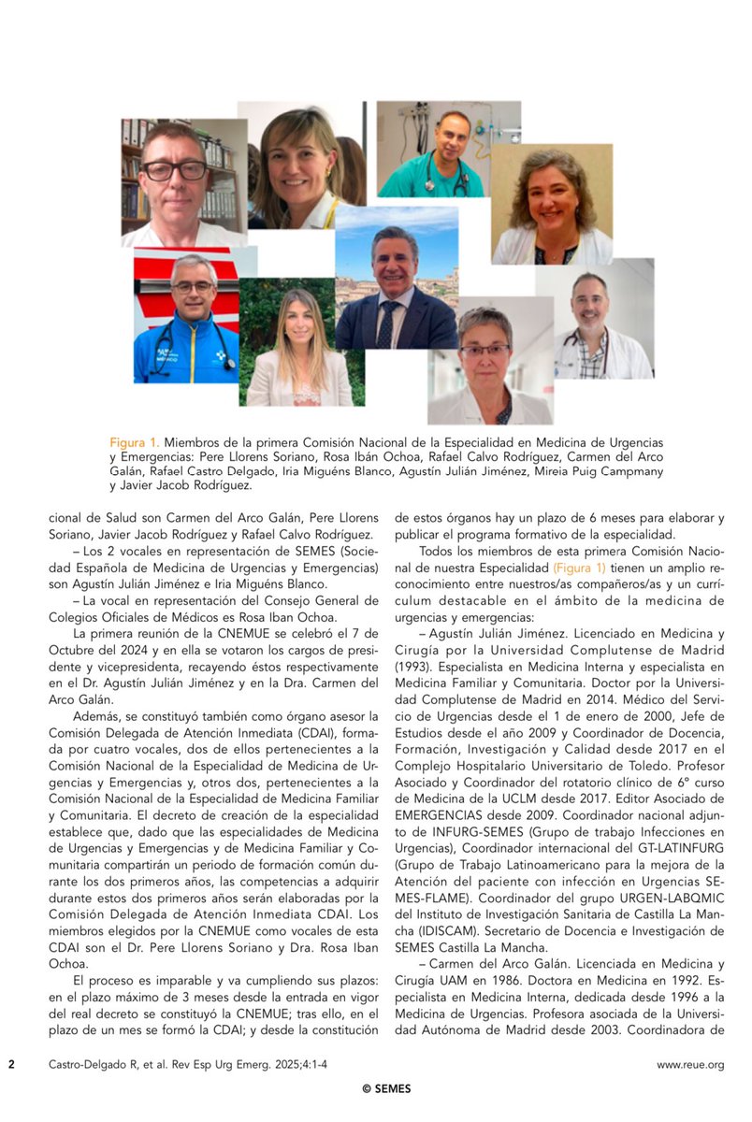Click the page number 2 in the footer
(x=11, y=1064)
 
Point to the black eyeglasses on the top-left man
(x=174, y=170)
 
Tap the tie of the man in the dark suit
(x=385, y=324)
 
